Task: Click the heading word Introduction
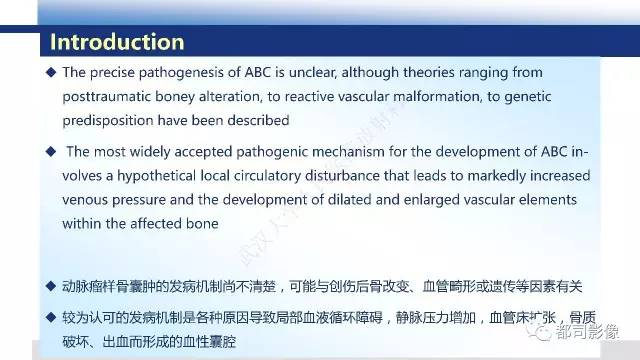pos(117,42)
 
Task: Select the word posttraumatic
pos(114,97)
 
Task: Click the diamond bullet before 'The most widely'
pos(52,153)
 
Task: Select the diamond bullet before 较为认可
pos(52,319)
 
